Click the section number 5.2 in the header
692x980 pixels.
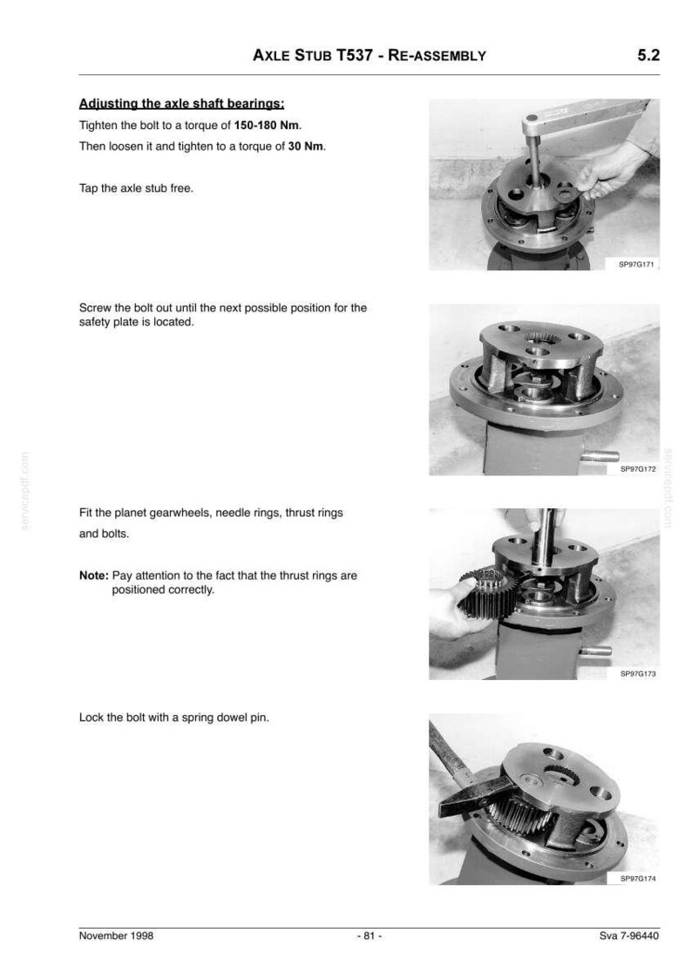(648, 55)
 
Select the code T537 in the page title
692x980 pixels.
(354, 55)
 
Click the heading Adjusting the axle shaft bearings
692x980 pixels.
(181, 104)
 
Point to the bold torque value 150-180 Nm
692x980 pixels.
(266, 125)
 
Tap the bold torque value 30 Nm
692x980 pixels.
(305, 146)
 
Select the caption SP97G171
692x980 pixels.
(636, 264)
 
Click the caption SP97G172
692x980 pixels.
(638, 469)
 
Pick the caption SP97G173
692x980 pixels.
(638, 674)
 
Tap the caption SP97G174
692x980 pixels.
(638, 878)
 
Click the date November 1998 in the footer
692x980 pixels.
(116, 936)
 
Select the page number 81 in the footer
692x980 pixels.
(370, 936)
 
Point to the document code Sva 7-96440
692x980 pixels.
(628, 936)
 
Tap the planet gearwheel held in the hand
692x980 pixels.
(488, 594)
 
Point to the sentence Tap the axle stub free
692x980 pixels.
(136, 188)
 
